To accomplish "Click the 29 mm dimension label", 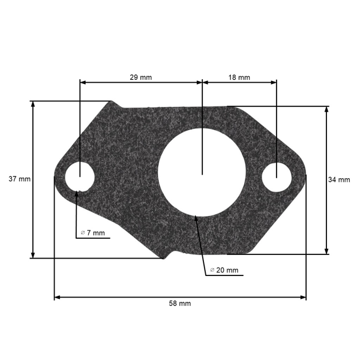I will tap(141, 77).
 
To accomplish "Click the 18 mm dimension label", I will tap(239, 77).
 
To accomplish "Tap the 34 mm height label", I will tap(339, 179).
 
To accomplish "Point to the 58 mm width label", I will tap(179, 304).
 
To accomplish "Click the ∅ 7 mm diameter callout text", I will tap(93, 233).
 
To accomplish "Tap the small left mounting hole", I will tap(79, 177).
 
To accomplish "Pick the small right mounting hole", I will tap(277, 178).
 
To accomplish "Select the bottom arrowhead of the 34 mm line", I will tap(326, 251).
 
